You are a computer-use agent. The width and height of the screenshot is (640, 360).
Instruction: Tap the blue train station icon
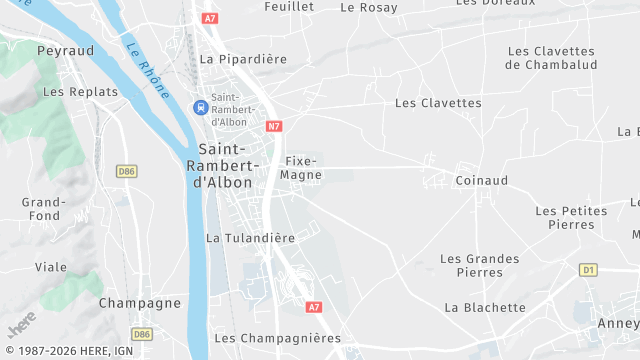200,106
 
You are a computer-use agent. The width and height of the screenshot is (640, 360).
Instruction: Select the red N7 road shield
274,126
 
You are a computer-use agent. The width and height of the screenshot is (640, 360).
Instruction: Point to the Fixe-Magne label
301,167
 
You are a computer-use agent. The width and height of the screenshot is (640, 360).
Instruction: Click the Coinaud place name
481,180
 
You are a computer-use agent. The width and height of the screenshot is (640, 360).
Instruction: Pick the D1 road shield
588,270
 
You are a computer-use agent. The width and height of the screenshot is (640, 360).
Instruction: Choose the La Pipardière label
243,59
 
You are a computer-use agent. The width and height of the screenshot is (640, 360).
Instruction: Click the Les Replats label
81,92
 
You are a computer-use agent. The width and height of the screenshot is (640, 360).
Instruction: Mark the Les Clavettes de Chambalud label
551,58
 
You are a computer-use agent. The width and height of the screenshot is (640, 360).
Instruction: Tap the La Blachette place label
484,307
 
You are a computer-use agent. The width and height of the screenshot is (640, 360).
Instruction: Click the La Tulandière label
250,238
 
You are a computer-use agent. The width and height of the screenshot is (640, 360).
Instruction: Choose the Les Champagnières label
277,338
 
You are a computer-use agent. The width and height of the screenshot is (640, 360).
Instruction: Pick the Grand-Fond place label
44,209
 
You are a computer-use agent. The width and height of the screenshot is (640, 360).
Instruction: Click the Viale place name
51,267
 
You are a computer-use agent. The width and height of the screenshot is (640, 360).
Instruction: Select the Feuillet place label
289,7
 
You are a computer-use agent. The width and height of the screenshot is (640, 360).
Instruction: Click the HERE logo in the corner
21,326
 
